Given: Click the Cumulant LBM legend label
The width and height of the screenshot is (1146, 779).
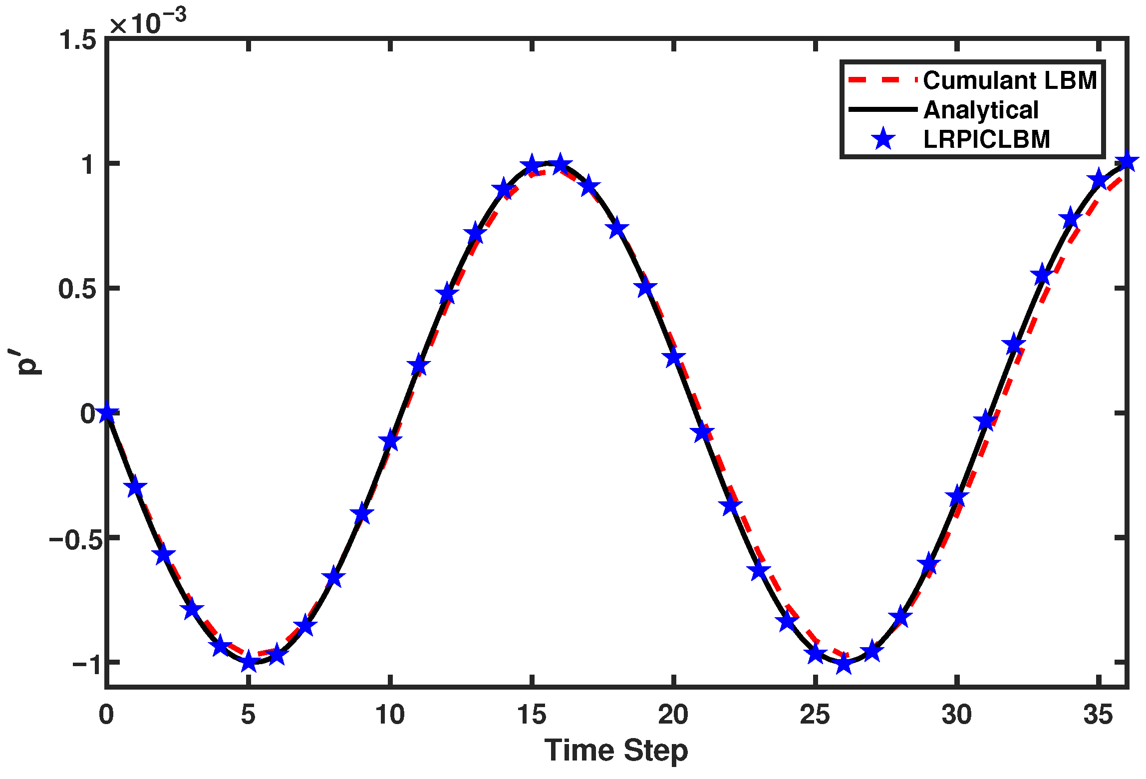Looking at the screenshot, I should coord(1009,80).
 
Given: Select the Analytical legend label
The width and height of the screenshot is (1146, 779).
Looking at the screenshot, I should coord(981,110).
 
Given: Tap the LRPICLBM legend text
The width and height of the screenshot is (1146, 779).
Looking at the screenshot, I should coord(987,139).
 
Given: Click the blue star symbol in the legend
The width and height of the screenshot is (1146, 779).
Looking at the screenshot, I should coord(883,139).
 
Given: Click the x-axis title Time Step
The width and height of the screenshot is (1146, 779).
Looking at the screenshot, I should coord(616,750).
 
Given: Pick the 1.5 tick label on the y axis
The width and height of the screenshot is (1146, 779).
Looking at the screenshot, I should coord(77,40).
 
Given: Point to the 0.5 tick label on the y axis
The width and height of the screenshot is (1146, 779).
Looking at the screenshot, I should coord(77,289).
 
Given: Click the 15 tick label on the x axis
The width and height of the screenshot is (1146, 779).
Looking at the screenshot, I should coord(532,715).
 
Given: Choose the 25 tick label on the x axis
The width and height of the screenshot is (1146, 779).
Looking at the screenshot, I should coord(815,715).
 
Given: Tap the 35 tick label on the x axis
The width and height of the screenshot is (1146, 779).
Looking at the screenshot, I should coord(1098,715).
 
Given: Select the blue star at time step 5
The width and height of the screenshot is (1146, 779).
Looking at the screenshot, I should coord(249,663).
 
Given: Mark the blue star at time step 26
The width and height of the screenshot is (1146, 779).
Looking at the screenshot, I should coord(844,664).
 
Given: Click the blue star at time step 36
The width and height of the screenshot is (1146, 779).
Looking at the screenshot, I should coord(1127,162).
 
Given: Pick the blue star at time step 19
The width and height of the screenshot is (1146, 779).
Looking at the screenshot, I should coord(645,287).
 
